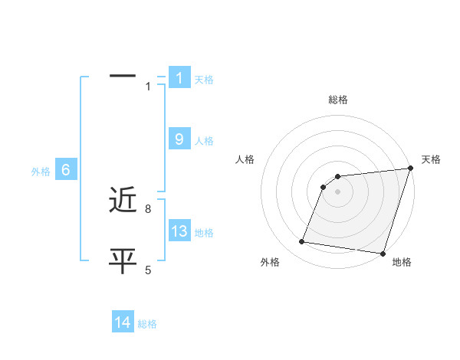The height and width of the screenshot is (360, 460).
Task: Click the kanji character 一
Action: click(123, 76)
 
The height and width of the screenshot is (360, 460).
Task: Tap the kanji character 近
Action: click(123, 201)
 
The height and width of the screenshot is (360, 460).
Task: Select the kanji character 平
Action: click(123, 261)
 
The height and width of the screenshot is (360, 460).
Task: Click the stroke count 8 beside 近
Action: click(148, 208)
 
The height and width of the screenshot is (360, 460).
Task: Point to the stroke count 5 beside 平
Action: click(148, 269)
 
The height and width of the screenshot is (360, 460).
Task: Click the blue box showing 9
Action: click(179, 139)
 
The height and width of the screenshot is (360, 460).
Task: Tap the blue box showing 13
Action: click(179, 231)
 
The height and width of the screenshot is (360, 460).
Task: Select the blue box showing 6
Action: click(66, 170)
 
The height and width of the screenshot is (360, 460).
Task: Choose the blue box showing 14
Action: click(123, 322)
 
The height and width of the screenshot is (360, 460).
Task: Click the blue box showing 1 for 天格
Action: click(179, 77)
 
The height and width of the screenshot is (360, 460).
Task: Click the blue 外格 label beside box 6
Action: click(41, 172)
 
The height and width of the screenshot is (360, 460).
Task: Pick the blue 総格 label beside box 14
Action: click(147, 324)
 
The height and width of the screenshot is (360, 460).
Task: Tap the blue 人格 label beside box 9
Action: click(204, 141)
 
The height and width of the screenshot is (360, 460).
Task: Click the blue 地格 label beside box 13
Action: click(204, 233)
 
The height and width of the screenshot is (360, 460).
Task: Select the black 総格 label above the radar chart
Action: click(338, 100)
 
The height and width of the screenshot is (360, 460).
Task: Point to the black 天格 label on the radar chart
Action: click(432, 159)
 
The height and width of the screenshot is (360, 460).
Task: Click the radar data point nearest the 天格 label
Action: click(410, 169)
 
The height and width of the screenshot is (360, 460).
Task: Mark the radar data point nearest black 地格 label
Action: click(383, 253)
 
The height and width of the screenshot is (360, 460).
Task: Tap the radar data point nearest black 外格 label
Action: click(302, 242)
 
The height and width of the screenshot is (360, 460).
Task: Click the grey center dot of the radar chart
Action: click(338, 191)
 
